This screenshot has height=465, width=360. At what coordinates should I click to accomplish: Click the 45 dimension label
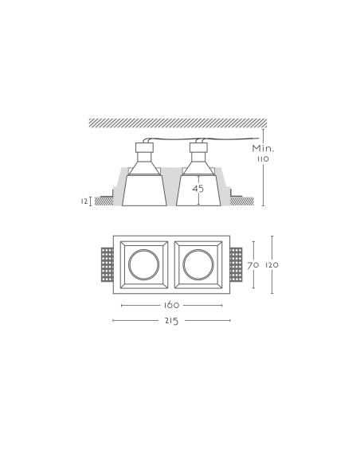point(198,189)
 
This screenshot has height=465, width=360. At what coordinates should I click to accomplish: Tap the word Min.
point(264,148)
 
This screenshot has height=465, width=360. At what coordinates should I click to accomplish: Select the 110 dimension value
point(263,159)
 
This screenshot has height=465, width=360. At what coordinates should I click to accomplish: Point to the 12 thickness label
point(84,201)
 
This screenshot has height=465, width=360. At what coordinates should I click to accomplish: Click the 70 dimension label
point(253,265)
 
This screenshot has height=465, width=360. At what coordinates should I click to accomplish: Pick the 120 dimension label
point(272,265)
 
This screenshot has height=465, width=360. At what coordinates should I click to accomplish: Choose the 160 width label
point(172,305)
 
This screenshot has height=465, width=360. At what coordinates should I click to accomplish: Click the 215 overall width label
point(172,321)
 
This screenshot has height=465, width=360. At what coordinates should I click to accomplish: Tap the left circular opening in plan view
point(144,264)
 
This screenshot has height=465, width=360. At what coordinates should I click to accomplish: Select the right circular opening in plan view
point(198,264)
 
